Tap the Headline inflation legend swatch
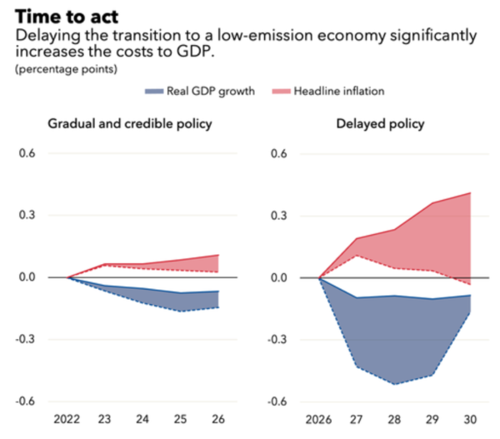[x=280, y=90]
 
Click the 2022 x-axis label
[x=67, y=421]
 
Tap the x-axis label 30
[x=470, y=421]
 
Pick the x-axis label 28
[x=394, y=421]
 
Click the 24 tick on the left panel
[x=142, y=421]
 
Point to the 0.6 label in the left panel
[x=29, y=154]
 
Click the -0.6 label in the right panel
[x=277, y=401]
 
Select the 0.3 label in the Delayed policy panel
[x=280, y=216]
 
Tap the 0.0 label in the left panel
[x=29, y=277]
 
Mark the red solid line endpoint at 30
[x=470, y=193]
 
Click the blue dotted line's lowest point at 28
[x=394, y=384]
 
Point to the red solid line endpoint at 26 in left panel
[x=218, y=255]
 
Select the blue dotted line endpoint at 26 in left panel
[x=218, y=307]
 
